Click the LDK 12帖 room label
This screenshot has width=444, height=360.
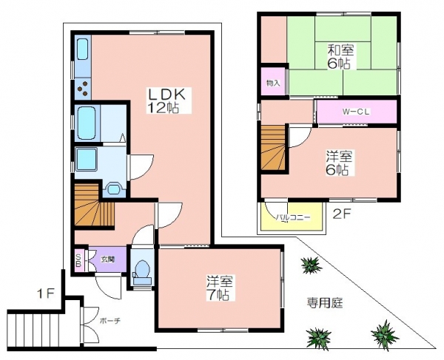pos(166,101)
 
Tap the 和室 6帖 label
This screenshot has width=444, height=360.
pos(340,57)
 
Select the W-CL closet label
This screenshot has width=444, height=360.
pos(356,112)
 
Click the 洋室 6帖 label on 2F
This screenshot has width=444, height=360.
pos(338,163)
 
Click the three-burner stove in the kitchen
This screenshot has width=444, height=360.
pos(83,88)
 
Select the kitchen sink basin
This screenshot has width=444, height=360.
pos(82,49)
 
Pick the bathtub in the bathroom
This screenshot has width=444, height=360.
pos(86,123)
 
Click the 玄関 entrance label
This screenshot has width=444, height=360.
pos(108,259)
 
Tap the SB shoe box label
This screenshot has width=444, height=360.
pos(78,260)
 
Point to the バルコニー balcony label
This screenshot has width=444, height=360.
pos(293,217)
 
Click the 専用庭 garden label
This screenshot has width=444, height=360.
pos(325,303)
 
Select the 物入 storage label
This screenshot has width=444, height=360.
pos(273,83)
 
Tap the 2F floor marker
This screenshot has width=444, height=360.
pos(343,215)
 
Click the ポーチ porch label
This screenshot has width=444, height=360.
pos(110,322)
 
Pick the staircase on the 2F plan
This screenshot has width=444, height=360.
pos(273,147)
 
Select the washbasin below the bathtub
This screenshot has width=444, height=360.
pos(86,159)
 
